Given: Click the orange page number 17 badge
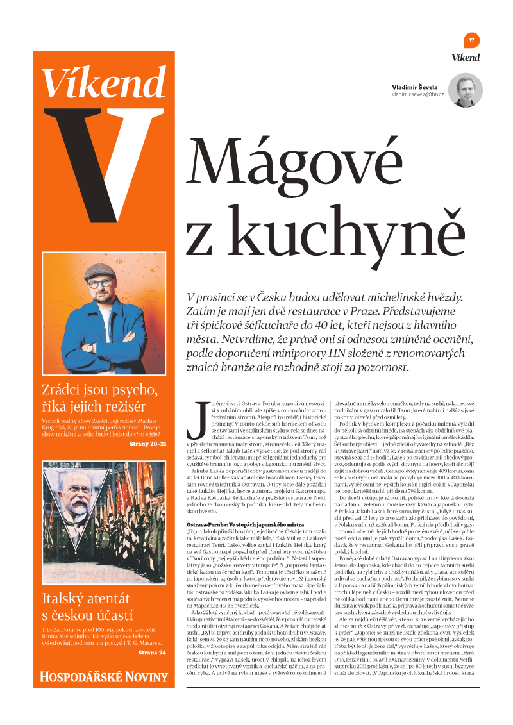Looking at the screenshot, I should coord(472,40).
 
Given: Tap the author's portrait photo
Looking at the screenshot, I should coord(466,91).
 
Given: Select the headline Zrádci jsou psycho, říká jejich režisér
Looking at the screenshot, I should coord(99,397).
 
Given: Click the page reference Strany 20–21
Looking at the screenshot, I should coord(148,444).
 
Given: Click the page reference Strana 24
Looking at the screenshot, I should coord(152,653).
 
